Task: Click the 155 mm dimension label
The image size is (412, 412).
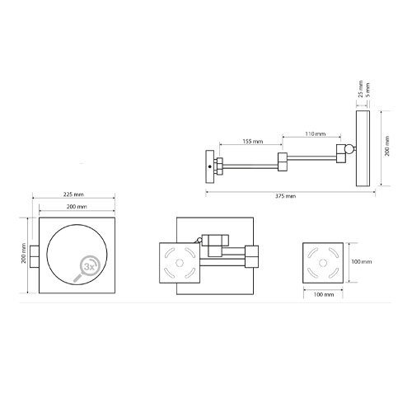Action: [x=253, y=142]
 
